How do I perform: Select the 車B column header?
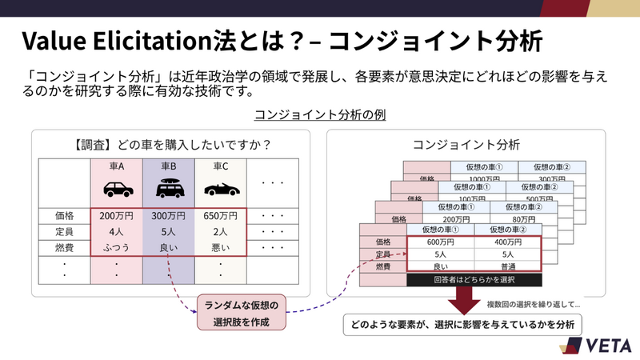pyautogui.click(x=170, y=166)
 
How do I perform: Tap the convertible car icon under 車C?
pyautogui.click(x=220, y=190)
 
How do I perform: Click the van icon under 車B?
pyautogui.click(x=170, y=189)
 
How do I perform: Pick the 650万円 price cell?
pyautogui.click(x=221, y=216)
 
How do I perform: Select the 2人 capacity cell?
pyautogui.click(x=221, y=232)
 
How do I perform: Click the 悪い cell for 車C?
pyautogui.click(x=221, y=248)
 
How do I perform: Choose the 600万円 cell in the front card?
pyautogui.click(x=440, y=242)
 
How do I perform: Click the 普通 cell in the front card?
pyautogui.click(x=507, y=266)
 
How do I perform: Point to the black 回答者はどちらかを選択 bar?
pyautogui.click(x=474, y=280)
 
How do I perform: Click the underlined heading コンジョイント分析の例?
pyautogui.click(x=320, y=114)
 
